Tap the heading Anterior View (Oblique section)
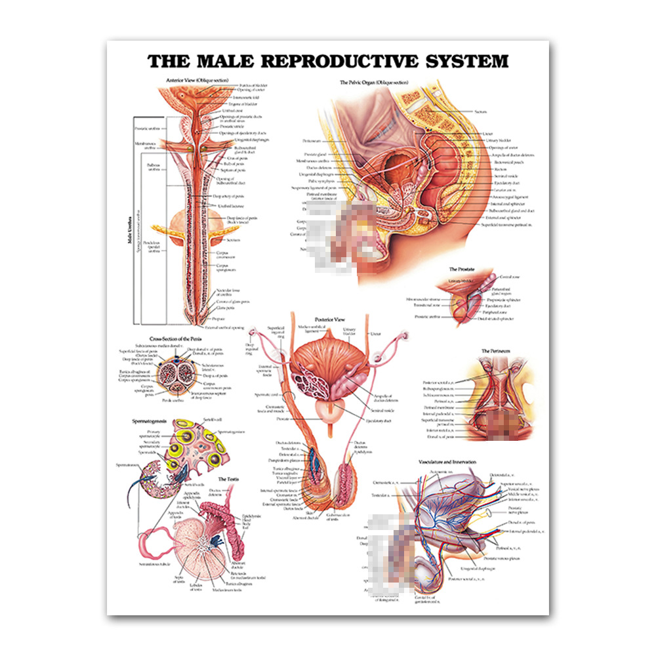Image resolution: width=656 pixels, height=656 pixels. tap(192, 81)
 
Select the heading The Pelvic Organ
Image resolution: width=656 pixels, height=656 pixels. tap(374, 83)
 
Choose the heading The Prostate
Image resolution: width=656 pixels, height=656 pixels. tap(462, 270)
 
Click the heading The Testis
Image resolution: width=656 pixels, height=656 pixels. tap(229, 480)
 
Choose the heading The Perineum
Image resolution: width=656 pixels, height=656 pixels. tap(495, 352)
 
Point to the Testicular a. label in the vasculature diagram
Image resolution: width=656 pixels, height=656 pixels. tap(381, 495)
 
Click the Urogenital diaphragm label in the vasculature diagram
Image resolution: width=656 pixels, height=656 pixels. tap(478, 568)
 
